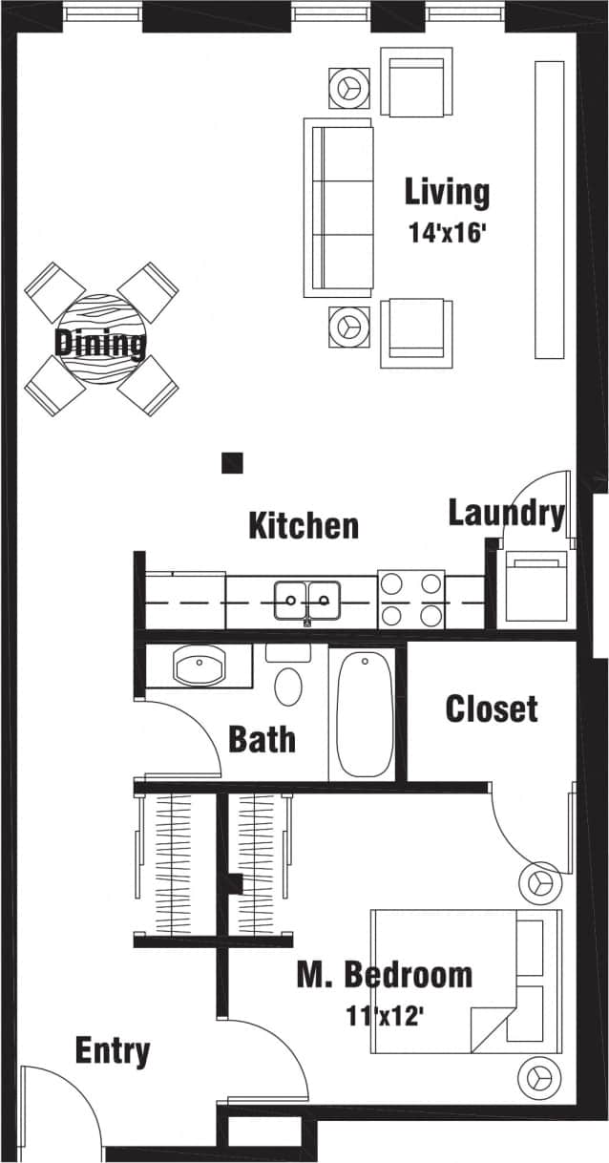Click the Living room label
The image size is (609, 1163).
pos(447,193)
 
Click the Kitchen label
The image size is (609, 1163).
pos(304,526)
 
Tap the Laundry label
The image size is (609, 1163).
pos(506,514)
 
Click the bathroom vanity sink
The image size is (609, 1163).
pos(199,665)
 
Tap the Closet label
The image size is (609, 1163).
pos(492,708)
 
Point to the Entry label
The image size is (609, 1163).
pos(113,1051)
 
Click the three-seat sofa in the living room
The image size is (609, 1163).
pos(338,206)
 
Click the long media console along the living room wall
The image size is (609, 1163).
pos(549,209)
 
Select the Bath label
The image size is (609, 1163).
pos(262,740)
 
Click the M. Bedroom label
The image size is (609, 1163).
pos(384,975)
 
